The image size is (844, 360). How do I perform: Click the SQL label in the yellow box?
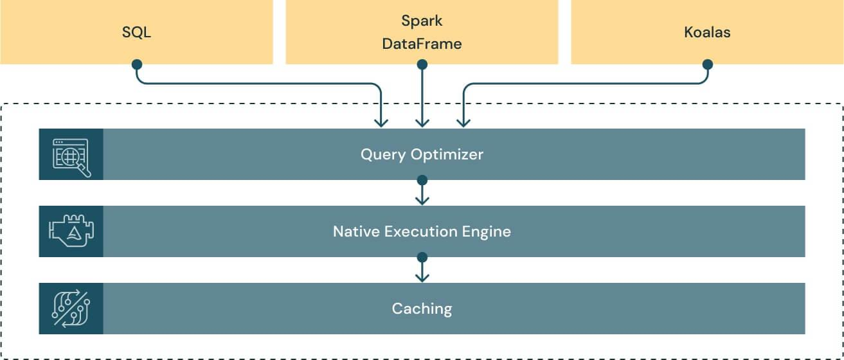[x=136, y=32]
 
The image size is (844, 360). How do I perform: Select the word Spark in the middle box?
[x=422, y=21]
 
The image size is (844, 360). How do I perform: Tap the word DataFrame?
[x=422, y=44]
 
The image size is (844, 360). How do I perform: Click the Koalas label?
[x=707, y=32]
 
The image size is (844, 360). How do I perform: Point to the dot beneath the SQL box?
[x=136, y=64]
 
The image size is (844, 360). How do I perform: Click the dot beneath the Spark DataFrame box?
[x=422, y=64]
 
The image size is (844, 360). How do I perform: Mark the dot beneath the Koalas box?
[x=707, y=64]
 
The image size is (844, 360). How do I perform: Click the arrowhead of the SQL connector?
[x=382, y=122]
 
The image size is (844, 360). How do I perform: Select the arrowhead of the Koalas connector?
[x=462, y=122]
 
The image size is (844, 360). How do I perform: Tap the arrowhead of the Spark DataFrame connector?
[x=422, y=122]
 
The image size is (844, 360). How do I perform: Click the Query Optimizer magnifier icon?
[x=71, y=155]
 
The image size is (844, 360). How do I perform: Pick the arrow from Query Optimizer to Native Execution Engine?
[x=422, y=193]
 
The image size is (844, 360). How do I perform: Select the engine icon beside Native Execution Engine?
[x=71, y=231]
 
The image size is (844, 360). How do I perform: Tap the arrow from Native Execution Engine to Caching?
[x=422, y=270]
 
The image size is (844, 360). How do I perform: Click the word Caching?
[x=422, y=309]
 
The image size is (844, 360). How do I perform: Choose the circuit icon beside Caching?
[x=71, y=309]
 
